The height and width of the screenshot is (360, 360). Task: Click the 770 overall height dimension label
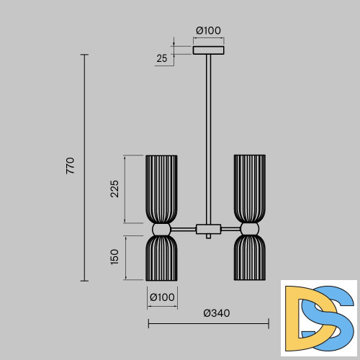pyautogui.click(x=71, y=166)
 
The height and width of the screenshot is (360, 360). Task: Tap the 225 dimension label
pyautogui.click(x=114, y=189)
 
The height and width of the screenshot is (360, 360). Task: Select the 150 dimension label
pyautogui.click(x=114, y=257)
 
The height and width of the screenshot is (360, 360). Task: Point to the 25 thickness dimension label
pyautogui.click(x=161, y=58)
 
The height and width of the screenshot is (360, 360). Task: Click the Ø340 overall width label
pyautogui.click(x=217, y=313)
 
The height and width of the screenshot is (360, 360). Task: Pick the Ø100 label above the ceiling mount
pyautogui.click(x=208, y=30)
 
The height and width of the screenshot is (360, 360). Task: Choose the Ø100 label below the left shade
pyautogui.click(x=162, y=297)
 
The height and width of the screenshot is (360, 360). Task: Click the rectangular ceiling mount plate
pyautogui.click(x=209, y=50)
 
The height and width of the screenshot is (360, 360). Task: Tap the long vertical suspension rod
pyautogui.click(x=209, y=140)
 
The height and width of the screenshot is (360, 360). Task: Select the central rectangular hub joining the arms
pyautogui.click(x=209, y=229)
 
